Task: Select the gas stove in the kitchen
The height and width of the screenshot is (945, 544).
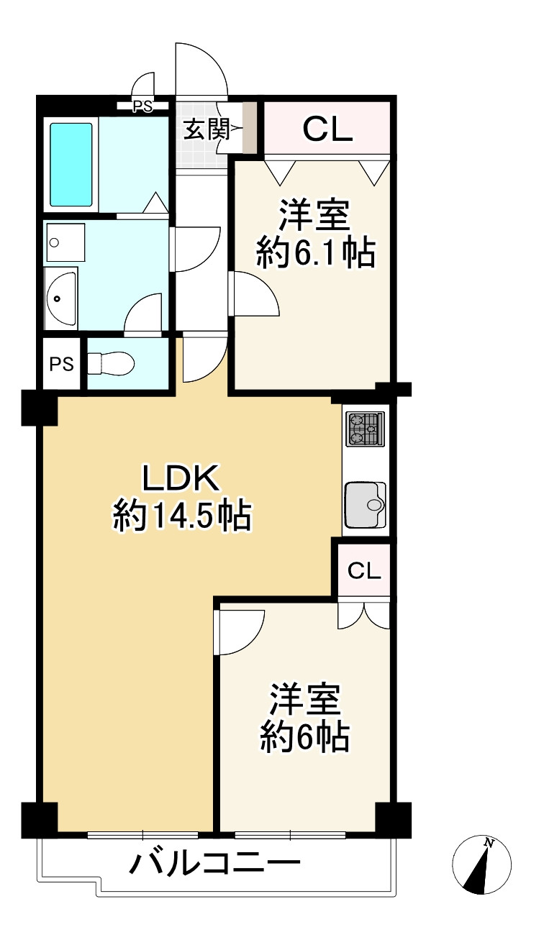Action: click(x=364, y=429)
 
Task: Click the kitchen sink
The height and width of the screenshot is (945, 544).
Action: click(x=366, y=505)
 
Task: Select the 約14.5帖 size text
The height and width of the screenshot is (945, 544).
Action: click(x=181, y=515)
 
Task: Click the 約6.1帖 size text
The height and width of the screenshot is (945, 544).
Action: click(x=315, y=253)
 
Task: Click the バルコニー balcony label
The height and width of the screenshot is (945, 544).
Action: click(x=214, y=863)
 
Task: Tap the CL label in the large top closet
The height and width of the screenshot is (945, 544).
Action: click(x=327, y=130)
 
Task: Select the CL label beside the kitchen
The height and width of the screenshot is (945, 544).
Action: click(x=364, y=571)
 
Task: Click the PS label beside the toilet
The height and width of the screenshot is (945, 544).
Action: click(x=62, y=364)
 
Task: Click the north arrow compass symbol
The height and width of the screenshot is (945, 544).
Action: click(x=481, y=865)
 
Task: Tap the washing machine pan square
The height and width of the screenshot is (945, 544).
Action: click(x=65, y=242)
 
